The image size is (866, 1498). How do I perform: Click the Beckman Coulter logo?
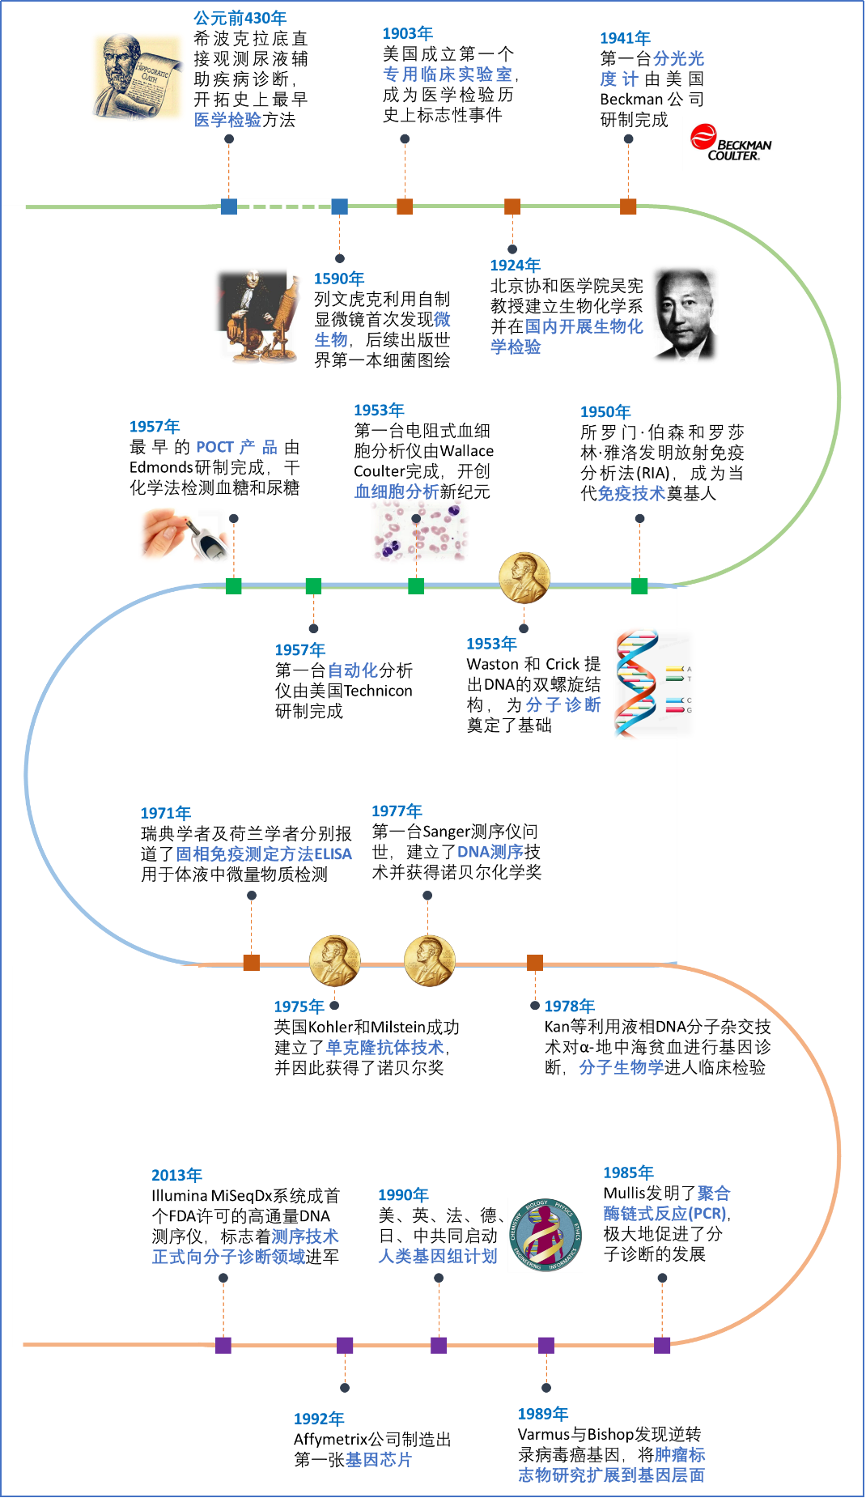729,144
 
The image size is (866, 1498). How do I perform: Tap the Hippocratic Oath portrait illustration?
138,77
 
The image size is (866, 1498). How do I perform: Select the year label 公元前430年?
240,18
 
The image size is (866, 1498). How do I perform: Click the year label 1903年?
408,33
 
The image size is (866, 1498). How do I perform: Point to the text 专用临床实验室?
447,74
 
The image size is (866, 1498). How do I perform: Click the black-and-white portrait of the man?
684,314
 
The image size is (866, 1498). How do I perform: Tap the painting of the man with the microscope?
257,317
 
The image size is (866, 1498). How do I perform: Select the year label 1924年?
516,266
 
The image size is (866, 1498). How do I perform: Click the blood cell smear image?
419,531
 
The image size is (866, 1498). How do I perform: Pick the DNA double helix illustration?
651,683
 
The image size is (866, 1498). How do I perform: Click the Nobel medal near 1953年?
524,578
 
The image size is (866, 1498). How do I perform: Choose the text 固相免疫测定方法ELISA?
264,854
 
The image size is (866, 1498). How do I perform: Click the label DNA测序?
490,852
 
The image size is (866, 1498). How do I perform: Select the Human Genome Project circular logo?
545,1235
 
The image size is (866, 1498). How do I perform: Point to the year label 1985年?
629,1172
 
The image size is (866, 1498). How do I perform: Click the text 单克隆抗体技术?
385,1048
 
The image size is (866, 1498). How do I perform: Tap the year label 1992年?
320,1419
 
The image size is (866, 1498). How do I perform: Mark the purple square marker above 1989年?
546,1345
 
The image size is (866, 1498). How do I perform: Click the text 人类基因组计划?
438,1257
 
